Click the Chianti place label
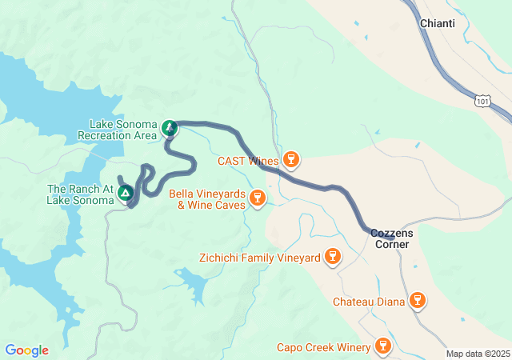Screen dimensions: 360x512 coord(438,23)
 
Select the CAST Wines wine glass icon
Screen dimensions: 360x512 coord(291,160)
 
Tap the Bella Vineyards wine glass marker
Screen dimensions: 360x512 coord(257,198)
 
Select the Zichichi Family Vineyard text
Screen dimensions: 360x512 coord(259,258)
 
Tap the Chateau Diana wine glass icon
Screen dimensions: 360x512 coord(415,301)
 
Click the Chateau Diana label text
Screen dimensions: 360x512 coord(368,302)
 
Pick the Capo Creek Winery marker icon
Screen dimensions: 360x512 coord(382,346)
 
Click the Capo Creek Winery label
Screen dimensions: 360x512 coord(324,347)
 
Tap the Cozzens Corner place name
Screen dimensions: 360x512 coord(392,238)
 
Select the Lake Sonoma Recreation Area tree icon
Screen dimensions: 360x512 coord(169,128)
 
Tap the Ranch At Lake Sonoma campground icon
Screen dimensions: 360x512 coord(125,193)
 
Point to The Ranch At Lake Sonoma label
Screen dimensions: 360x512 coord(80,194)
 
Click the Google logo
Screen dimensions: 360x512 coord(26,350)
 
